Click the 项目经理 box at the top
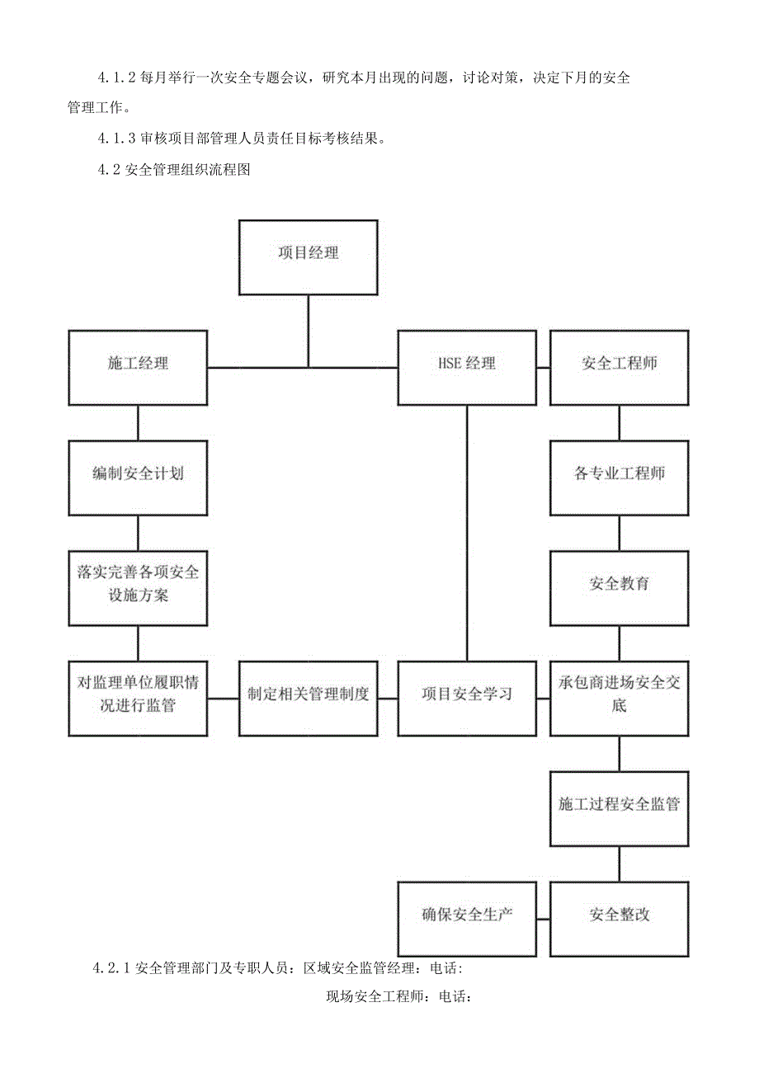pos(308,256)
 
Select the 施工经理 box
pos(138,367)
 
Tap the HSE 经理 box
pos(467,367)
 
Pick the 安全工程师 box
pos(619,367)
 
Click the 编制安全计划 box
pos(138,478)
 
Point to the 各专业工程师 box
pos(619,478)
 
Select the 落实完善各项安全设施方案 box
pos(138,587)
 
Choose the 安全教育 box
pos(619,587)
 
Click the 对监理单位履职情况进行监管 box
pos(138,698)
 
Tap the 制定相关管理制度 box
pos(308,698)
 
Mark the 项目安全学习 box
pos(467,698)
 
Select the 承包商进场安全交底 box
pos(619,698)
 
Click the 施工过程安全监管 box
pos(619,808)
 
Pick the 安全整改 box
pos(619,918)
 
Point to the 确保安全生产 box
pos(467,918)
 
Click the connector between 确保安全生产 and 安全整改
pos(543,918)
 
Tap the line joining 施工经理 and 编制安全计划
pos(138,422)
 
